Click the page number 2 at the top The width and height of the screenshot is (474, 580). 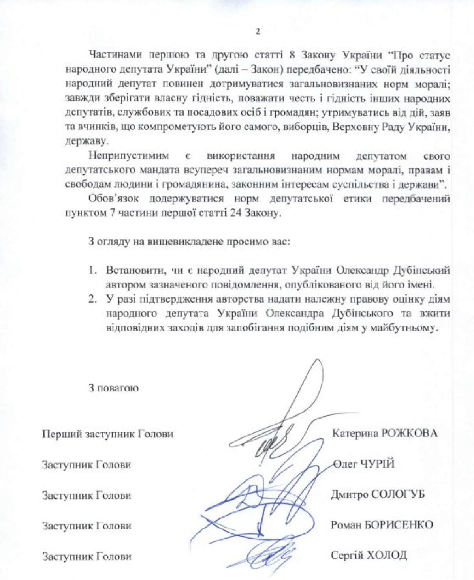tap(258, 32)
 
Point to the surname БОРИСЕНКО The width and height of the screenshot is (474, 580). tap(402, 525)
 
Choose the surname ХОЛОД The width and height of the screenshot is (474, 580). tap(387, 556)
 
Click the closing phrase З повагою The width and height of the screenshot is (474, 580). tap(113, 388)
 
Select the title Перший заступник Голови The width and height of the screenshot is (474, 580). tap(107, 434)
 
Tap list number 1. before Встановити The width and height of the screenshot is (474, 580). tap(92, 271)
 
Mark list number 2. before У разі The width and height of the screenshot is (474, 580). tap(92, 299)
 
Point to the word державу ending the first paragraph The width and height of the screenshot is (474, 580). tap(82, 141)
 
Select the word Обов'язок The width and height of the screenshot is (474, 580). tap(111, 198)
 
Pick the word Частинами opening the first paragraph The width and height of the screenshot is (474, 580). tap(114, 56)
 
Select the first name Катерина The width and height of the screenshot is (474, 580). tap(355, 433)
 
